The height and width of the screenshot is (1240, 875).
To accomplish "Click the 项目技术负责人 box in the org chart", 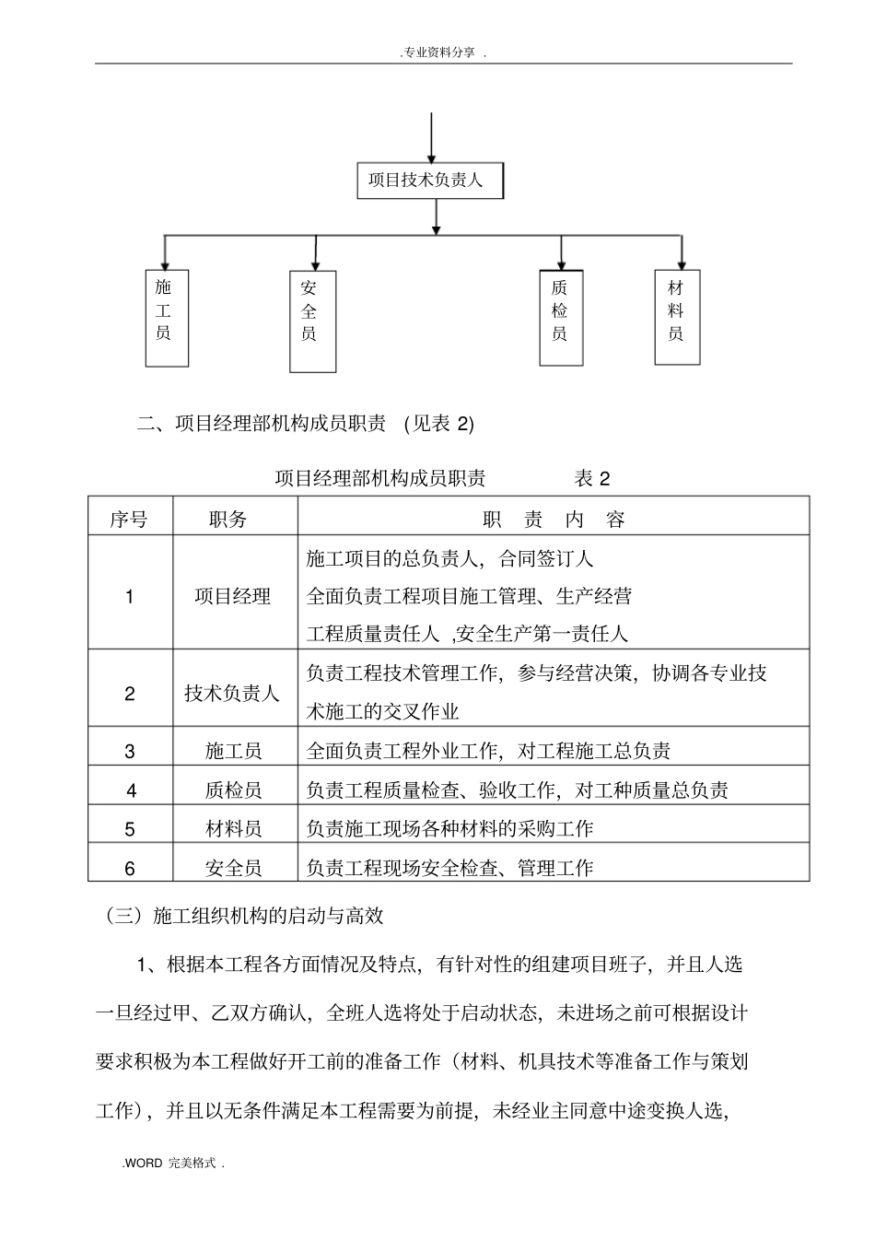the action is coord(431,181).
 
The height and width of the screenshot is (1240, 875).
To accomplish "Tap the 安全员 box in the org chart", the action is coord(311,321).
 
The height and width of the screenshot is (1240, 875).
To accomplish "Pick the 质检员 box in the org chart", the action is coord(560,317).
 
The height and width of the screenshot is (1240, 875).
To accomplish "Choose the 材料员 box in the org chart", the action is coord(677,316).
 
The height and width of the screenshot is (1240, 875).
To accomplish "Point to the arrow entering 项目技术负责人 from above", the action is coord(431,138).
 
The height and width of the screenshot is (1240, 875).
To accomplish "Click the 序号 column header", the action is coord(129,520).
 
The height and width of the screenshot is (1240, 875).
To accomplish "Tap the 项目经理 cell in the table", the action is coord(233,596).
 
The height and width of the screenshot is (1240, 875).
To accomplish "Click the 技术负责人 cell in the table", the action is coord(232,693).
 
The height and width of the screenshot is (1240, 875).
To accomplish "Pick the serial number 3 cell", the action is coord(130,751).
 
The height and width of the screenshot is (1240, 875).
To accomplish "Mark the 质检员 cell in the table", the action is coord(233,790).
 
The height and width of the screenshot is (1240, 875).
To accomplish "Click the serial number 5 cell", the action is coord(130,829).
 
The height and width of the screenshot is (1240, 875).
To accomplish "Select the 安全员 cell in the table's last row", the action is coord(233,868).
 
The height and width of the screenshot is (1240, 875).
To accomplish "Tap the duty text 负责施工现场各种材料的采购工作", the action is coord(450,829).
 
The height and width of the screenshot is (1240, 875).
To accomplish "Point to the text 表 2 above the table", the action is coord(592,478).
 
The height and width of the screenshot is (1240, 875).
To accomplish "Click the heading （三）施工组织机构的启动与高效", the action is coord(244,916).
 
